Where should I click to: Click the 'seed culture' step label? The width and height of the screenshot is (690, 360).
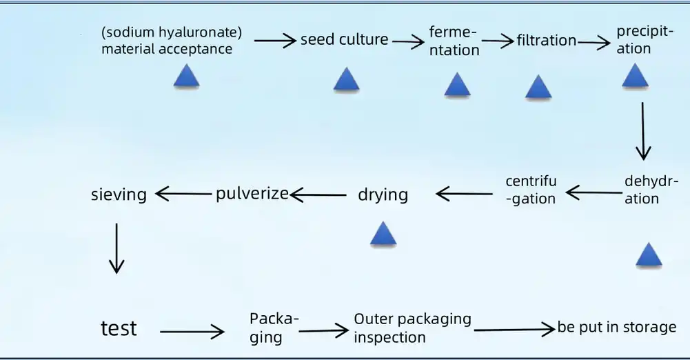tap(344, 40)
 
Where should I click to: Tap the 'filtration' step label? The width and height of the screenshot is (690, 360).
tap(546, 41)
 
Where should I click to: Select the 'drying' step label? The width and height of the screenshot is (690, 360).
tap(383, 194)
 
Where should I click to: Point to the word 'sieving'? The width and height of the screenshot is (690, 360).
tap(119, 194)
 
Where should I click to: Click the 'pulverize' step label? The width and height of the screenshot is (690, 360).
tap(252, 193)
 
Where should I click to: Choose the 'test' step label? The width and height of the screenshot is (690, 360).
tap(119, 328)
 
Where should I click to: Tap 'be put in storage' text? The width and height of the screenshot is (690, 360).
tap(617, 327)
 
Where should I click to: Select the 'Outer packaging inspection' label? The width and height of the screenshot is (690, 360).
tap(412, 328)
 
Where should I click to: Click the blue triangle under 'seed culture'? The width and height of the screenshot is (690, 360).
tap(346, 80)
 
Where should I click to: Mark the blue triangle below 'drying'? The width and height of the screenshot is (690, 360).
tap(383, 234)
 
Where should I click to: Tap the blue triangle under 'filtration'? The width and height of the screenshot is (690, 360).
tap(538, 88)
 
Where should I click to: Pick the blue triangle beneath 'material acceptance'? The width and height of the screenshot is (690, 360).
tap(186, 77)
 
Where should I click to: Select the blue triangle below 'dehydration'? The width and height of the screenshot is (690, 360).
tap(648, 255)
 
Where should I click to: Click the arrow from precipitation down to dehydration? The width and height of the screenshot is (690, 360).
tap(643, 131)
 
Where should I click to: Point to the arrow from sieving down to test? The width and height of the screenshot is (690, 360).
tap(116, 248)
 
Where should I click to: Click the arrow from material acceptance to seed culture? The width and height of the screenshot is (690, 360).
tap(275, 41)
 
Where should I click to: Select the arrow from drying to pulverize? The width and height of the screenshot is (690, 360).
tap(318, 195)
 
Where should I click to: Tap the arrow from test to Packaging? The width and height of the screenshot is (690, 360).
tap(192, 332)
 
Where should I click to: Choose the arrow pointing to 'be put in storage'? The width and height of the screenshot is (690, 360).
tap(515, 330)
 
